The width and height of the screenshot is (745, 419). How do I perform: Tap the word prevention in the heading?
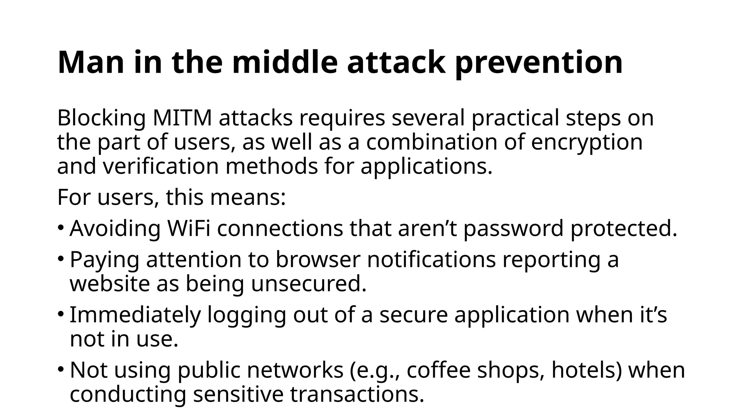pyautogui.click(x=539, y=63)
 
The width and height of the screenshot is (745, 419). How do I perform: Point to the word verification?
pyautogui.click(x=160, y=166)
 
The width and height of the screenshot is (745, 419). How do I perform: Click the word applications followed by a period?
pyautogui.click(x=426, y=166)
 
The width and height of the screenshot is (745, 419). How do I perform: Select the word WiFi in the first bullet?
pyautogui.click(x=189, y=228)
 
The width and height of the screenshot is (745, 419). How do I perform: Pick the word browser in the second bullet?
pyautogui.click(x=318, y=260)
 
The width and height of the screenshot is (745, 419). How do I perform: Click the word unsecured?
pyautogui.click(x=308, y=284)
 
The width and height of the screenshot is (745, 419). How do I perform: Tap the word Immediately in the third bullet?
pyautogui.click(x=135, y=315)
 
